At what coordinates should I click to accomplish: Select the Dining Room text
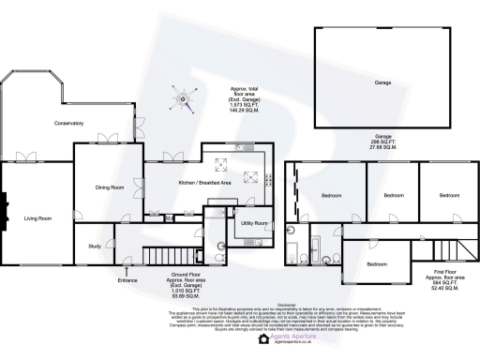(x=110, y=187)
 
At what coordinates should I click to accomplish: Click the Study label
(x=95, y=247)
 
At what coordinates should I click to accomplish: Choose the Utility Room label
(x=254, y=223)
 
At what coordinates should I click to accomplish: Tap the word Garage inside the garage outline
(x=383, y=82)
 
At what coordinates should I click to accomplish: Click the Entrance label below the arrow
(x=128, y=279)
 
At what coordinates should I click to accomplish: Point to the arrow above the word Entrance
(x=128, y=271)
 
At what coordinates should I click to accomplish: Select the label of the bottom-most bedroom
(x=377, y=263)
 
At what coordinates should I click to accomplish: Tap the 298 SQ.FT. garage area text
(x=383, y=142)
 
